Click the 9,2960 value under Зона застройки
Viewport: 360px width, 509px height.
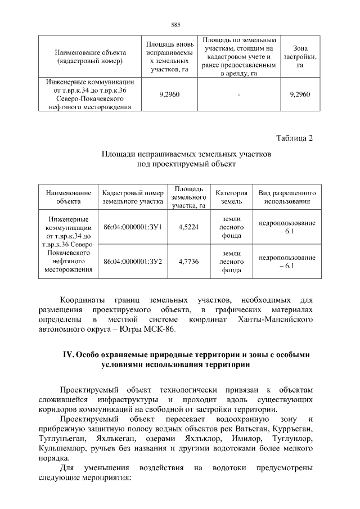click(300, 94)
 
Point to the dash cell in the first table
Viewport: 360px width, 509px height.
click(239, 94)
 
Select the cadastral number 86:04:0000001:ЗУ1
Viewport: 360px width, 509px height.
click(133, 227)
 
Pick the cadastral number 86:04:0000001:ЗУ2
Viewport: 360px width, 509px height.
click(133, 261)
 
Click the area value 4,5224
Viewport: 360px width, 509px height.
click(188, 227)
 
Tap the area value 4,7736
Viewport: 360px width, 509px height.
click(188, 261)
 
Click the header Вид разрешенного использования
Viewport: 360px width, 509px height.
click(287, 196)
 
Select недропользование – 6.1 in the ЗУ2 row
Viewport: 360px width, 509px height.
click(287, 261)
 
